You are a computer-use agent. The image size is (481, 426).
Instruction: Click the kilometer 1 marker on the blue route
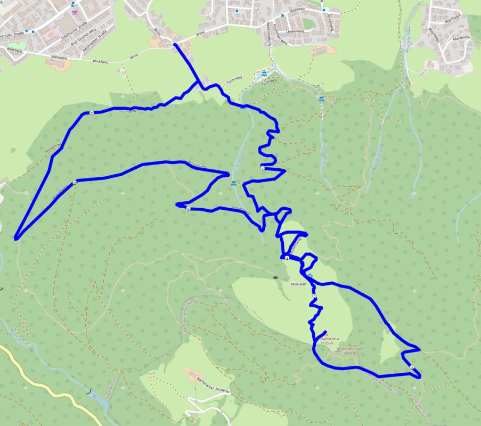[263, 168]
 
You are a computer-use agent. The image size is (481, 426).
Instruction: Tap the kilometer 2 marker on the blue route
[314, 296]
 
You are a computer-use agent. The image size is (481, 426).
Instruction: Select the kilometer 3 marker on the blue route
[412, 367]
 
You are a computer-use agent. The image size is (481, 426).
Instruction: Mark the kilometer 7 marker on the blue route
[92, 113]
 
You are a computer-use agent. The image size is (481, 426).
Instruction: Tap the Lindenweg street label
[295, 32]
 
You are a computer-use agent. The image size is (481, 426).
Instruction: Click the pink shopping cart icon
[74, 11]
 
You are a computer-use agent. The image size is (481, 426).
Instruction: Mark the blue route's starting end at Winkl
[175, 45]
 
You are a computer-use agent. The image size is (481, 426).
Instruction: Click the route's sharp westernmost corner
[15, 238]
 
